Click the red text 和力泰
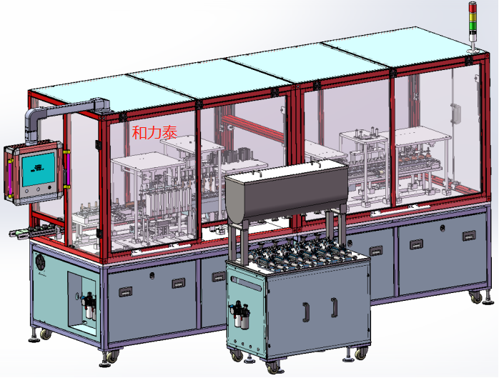point(154,132)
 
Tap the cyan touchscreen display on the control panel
point(38,169)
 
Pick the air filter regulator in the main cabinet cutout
point(89,306)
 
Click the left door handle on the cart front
point(306,312)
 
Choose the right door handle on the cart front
point(334,307)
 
